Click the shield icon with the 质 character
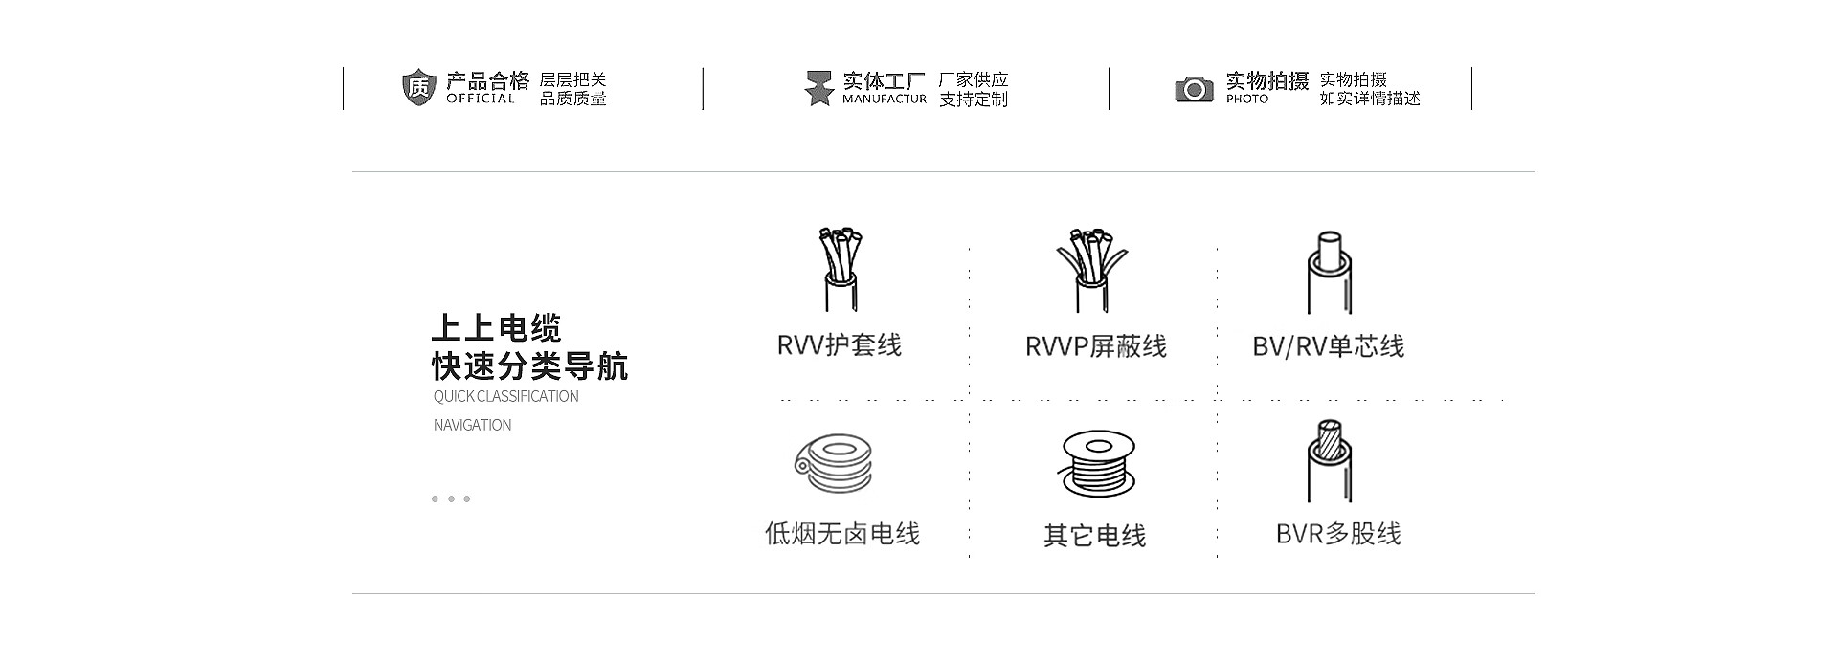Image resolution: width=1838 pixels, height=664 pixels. pos(418,87)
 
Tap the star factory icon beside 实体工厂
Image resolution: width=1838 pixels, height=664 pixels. pos(818,88)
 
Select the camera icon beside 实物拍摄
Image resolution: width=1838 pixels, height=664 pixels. pos(1194,89)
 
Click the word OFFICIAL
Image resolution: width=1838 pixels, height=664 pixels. pos(481,99)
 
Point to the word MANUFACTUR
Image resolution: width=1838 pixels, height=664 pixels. pos(884,99)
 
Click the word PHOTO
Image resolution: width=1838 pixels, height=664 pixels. pos(1246,99)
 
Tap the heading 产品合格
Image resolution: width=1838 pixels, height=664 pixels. pos(487,80)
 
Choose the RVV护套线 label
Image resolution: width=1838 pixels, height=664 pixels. pos(840,344)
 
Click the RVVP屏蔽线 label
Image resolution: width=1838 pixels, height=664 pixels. pos(1095,346)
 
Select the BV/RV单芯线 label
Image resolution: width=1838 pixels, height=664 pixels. pos(1328,346)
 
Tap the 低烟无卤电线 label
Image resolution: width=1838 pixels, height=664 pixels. pos(842,533)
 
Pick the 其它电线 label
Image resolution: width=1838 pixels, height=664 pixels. pos(1094,535)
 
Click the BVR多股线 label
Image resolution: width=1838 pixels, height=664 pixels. pos(1337,533)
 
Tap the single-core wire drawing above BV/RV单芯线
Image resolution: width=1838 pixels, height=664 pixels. pos(1329,272)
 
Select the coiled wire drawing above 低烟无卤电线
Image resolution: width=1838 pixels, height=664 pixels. pos(835,462)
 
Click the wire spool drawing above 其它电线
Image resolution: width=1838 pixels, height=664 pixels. pos(1097,462)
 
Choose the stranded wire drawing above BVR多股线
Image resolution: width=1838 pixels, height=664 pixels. pos(1329,460)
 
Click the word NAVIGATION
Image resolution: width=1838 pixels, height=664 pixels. pos(472,425)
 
